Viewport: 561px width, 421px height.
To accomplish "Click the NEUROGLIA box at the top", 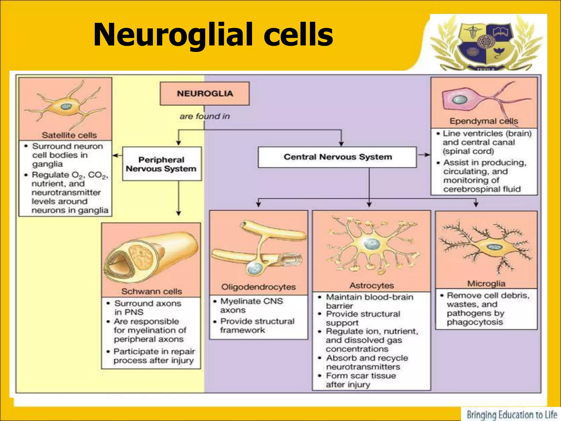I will pos(205,93).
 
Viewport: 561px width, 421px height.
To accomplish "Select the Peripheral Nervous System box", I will pos(162,164).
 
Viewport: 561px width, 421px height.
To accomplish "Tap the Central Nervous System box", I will pos(337,157).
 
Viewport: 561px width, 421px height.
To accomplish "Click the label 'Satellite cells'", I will pos(69,135).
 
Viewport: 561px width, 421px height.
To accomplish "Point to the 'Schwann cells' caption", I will pos(151,291).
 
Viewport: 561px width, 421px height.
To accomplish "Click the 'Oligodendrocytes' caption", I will pos(258,287).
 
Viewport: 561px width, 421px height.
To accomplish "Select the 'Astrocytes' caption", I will pos(371,286).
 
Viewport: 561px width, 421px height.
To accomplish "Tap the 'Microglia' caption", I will pos(486,283).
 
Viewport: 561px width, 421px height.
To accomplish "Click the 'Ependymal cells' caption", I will pos(483,121).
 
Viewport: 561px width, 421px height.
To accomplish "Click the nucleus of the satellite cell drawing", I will pos(66,106).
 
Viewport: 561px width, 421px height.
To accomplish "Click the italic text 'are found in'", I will pos(205,116).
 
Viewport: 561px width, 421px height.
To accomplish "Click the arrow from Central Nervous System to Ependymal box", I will pos(423,155).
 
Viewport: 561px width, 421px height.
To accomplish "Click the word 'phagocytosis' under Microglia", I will pos(475,322).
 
